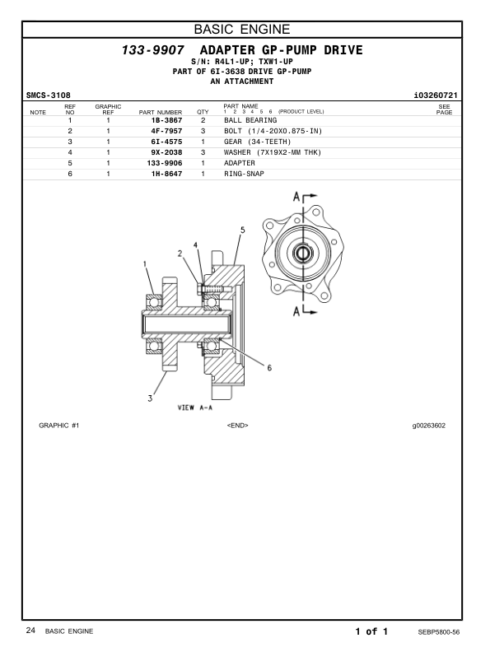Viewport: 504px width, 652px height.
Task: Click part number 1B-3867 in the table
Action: (166, 120)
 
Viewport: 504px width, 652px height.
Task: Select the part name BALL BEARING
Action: (250, 120)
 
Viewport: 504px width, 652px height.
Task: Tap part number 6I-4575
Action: (166, 142)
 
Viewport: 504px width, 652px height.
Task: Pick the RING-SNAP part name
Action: (244, 174)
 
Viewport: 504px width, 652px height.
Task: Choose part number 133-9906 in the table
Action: (165, 163)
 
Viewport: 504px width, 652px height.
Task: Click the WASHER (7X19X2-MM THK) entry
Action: (273, 152)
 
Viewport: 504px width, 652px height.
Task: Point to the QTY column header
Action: (203, 112)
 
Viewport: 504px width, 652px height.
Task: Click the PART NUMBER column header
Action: (161, 112)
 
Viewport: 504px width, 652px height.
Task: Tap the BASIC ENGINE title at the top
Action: (242, 29)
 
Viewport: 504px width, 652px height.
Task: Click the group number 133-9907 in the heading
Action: (152, 50)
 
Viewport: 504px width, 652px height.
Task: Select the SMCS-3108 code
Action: (49, 95)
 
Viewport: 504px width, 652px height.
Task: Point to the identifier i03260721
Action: (436, 95)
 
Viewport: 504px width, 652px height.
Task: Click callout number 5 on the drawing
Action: (243, 230)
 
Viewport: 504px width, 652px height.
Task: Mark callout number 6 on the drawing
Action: (269, 368)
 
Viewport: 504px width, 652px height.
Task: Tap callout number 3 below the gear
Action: (150, 398)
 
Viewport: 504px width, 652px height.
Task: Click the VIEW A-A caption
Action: (195, 407)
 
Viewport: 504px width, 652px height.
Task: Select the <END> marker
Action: (237, 426)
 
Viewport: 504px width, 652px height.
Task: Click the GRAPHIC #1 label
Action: (59, 426)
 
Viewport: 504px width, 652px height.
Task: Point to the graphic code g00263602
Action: (429, 426)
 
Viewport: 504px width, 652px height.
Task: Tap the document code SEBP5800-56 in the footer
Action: (439, 632)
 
